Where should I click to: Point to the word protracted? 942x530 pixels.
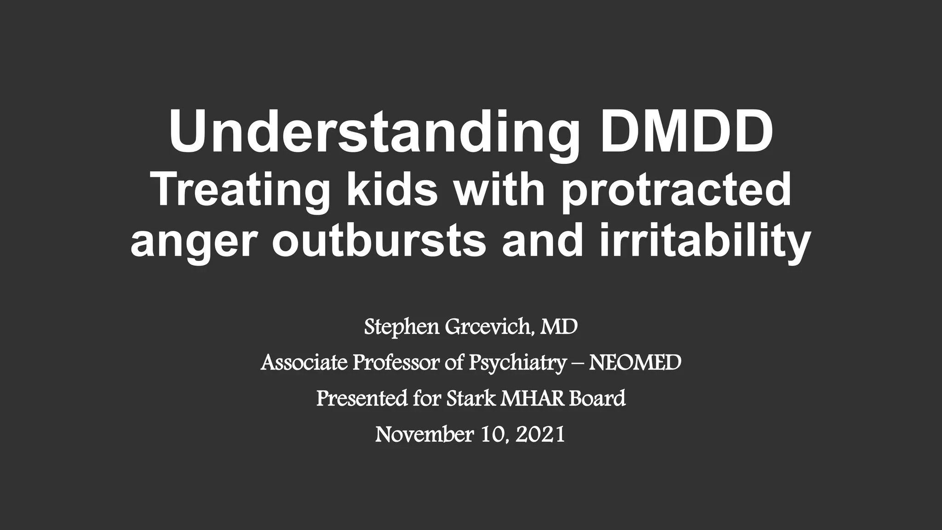[676, 190]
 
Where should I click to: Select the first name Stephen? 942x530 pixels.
[402, 327]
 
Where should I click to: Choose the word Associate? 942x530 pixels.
[304, 363]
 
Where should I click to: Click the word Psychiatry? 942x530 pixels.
[517, 363]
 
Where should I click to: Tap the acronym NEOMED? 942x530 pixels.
[635, 363]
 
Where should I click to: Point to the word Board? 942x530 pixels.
[597, 398]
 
